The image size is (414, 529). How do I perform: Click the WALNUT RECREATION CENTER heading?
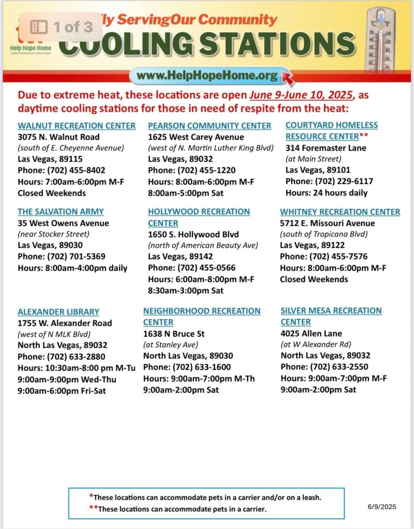pyautogui.click(x=76, y=126)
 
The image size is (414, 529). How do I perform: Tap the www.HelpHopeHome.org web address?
pyautogui.click(x=207, y=76)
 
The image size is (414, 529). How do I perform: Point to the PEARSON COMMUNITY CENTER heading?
pyautogui.click(x=209, y=126)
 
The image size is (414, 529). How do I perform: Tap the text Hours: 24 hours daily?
pyautogui.click(x=326, y=193)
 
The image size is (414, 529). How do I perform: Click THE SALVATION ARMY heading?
pyautogui.click(x=60, y=212)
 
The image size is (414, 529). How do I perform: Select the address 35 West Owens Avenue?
pyautogui.click(x=63, y=223)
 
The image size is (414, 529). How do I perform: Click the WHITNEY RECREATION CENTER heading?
pyautogui.click(x=340, y=212)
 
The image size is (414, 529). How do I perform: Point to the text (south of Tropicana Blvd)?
pyautogui.click(x=323, y=234)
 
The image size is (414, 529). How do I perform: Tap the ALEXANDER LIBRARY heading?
pyautogui.click(x=58, y=312)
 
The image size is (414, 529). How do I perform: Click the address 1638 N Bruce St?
pyautogui.click(x=174, y=334)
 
